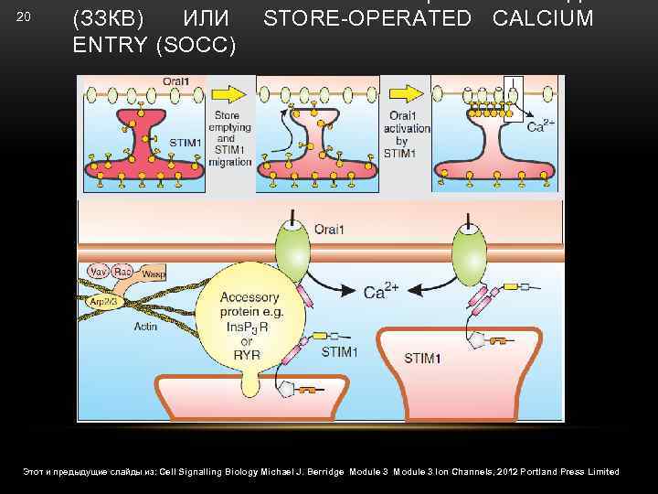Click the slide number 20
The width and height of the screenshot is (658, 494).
tap(25, 17)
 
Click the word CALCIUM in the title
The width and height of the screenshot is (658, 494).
tap(542, 18)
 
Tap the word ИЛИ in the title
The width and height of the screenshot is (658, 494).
tap(207, 18)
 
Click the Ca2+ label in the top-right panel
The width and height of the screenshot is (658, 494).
tap(539, 127)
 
